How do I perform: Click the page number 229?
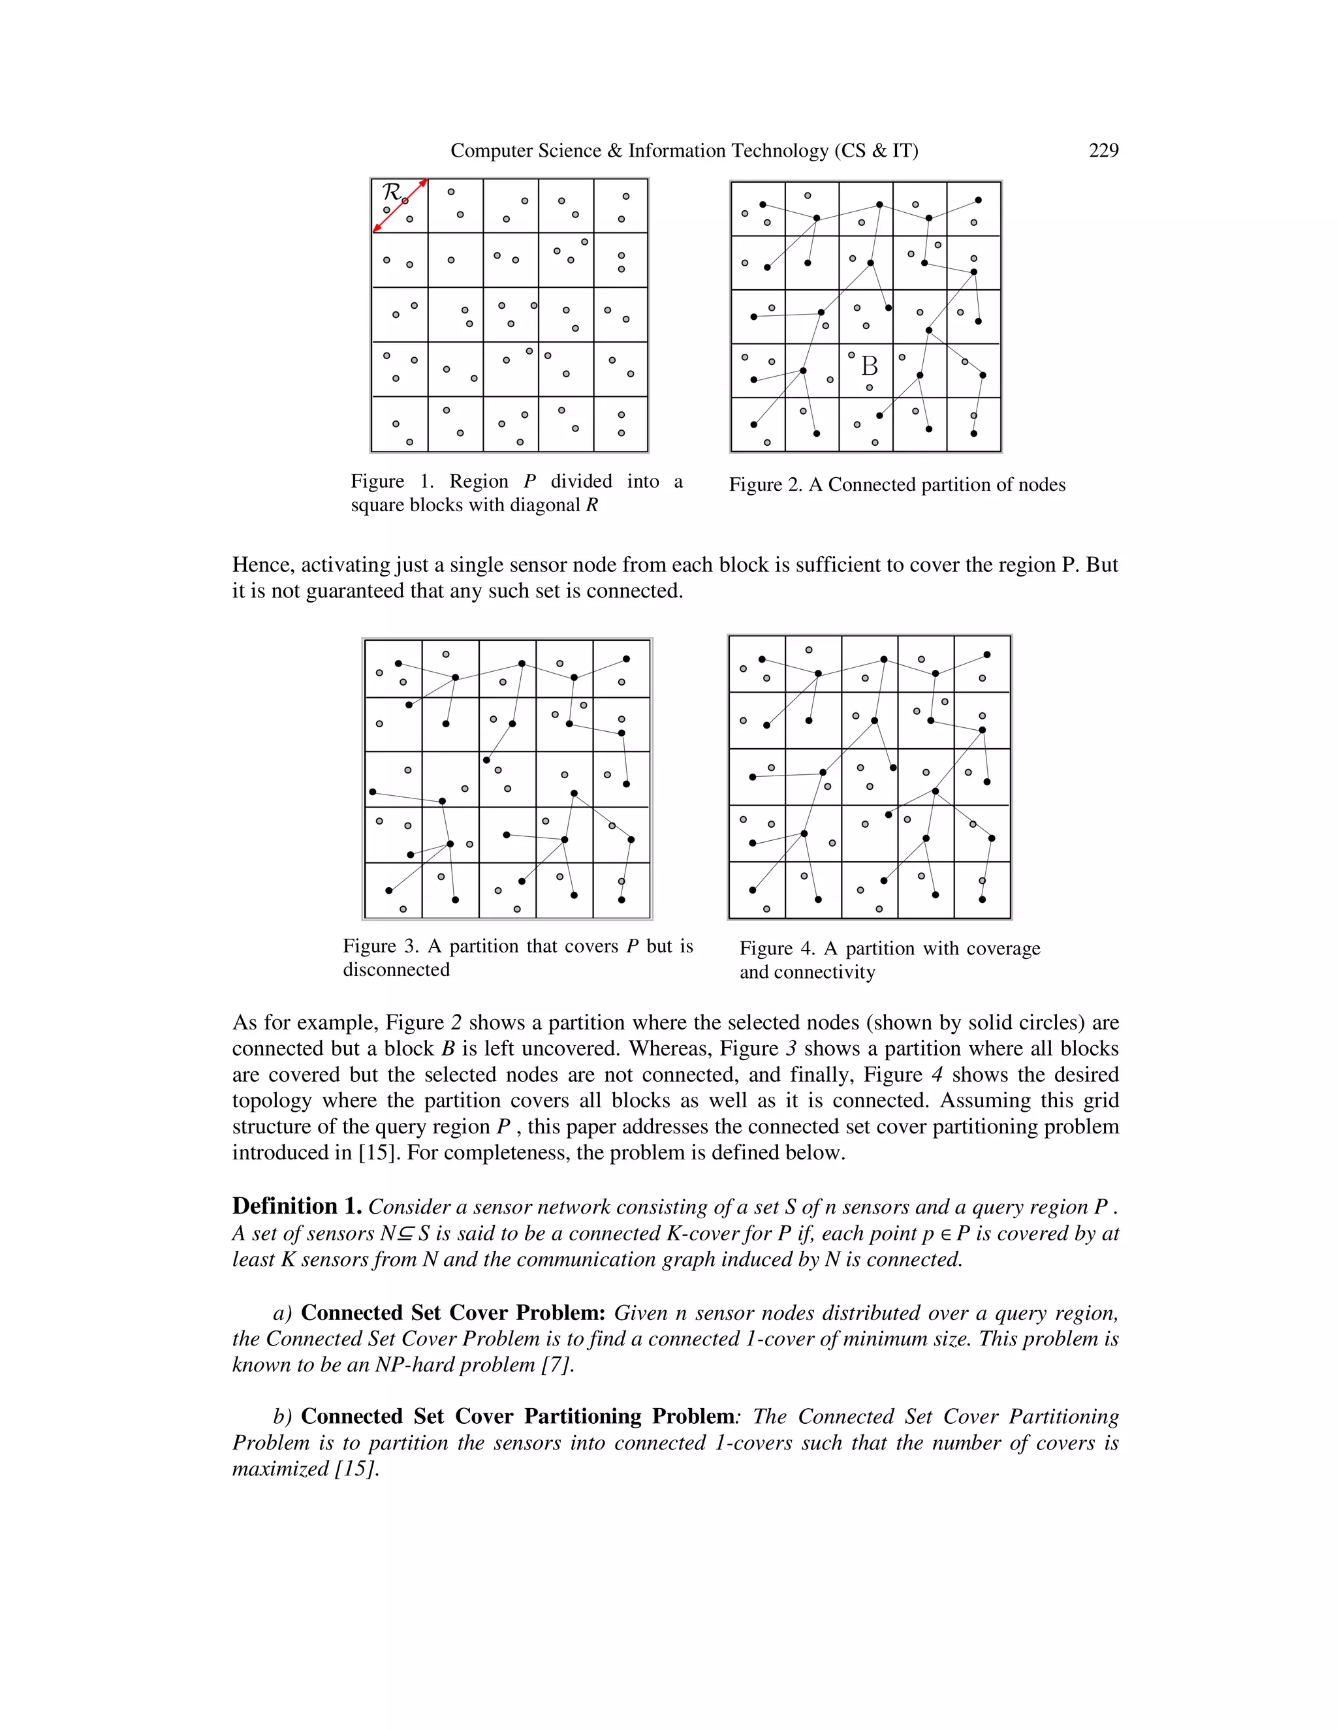[1103, 151]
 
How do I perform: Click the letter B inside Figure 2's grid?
[869, 366]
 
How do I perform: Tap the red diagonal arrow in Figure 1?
[401, 205]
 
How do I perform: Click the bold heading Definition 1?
[297, 1206]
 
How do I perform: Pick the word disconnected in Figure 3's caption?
[396, 969]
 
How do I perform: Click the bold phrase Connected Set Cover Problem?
[453, 1313]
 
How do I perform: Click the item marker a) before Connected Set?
[283, 1313]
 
